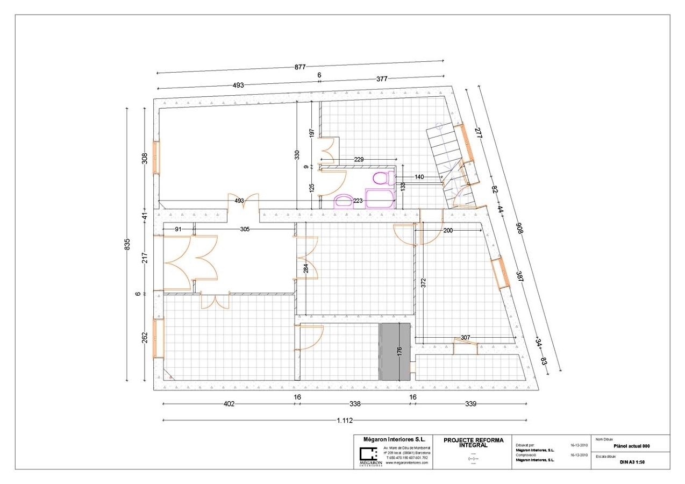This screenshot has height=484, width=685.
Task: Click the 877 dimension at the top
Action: click(300, 67)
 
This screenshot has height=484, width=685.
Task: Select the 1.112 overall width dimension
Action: click(345, 421)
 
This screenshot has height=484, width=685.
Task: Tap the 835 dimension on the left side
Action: click(128, 243)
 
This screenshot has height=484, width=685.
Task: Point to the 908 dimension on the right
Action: click(520, 227)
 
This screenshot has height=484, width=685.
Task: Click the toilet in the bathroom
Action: click(381, 178)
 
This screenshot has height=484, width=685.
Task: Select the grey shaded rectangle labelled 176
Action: click(395, 352)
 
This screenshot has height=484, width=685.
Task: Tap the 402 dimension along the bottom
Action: click(229, 404)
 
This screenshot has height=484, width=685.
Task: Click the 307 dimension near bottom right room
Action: click(466, 337)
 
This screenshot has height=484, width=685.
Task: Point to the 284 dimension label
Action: click(305, 268)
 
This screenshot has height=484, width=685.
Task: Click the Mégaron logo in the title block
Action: click(370, 455)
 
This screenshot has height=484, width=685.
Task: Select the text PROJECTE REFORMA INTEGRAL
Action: click(473, 442)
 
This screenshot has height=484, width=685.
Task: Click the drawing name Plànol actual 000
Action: click(632, 446)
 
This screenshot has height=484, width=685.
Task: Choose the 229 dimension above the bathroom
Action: click(360, 159)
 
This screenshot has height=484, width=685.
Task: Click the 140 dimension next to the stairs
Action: click(419, 176)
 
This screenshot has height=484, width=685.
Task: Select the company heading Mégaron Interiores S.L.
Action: click(395, 439)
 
